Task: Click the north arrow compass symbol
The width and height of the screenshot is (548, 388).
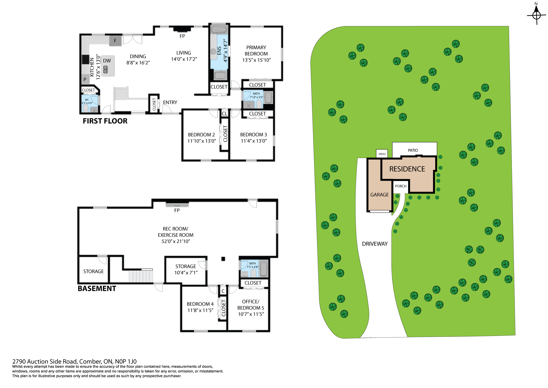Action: click(x=536, y=15)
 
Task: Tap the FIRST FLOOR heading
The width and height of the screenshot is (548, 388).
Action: click(x=105, y=121)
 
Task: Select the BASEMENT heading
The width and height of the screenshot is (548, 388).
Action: click(x=97, y=289)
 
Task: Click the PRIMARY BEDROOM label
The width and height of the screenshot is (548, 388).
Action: click(x=256, y=51)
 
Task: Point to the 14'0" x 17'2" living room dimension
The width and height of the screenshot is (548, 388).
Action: click(x=184, y=59)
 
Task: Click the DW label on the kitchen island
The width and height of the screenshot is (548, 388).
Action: click(x=107, y=61)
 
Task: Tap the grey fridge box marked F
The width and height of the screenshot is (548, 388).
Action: click(x=115, y=41)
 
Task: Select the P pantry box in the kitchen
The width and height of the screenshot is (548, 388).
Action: click(x=85, y=79)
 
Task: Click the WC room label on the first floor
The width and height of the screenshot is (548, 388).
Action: click(x=87, y=100)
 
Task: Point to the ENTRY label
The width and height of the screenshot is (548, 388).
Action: click(x=170, y=102)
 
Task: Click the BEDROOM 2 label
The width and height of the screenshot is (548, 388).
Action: click(x=201, y=135)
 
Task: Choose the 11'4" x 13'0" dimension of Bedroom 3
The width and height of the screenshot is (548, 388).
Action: click(x=254, y=141)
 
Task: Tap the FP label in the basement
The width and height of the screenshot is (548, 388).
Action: click(x=177, y=210)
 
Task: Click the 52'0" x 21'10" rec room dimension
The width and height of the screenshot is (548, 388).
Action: click(x=176, y=241)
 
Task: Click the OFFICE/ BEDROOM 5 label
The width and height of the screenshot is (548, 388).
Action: click(x=251, y=305)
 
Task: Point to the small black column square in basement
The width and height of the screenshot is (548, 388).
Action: click(x=223, y=259)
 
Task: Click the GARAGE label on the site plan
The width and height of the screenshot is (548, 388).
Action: click(x=379, y=195)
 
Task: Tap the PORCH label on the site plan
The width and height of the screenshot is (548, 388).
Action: click(x=401, y=186)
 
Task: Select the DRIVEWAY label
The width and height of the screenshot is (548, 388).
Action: click(x=375, y=244)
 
